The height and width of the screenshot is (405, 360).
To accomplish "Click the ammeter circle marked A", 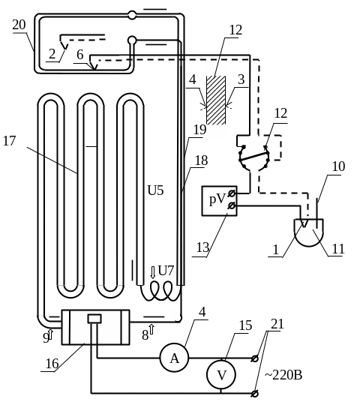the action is point(174,358).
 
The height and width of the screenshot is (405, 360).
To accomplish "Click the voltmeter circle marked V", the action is point(221,374).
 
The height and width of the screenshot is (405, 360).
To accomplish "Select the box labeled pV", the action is point(219,201).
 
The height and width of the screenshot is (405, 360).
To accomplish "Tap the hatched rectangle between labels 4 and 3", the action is point(216,100).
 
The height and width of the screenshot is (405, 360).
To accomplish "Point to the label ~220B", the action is point(283,375).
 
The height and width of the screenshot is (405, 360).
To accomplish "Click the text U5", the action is point(155,190).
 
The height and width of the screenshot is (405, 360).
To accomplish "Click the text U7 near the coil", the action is point(166,271).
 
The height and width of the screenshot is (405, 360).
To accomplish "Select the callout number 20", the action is point(19,25).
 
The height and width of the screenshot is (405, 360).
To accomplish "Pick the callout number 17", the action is point(9,141).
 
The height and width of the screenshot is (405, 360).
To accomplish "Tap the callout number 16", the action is point(52,364).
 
